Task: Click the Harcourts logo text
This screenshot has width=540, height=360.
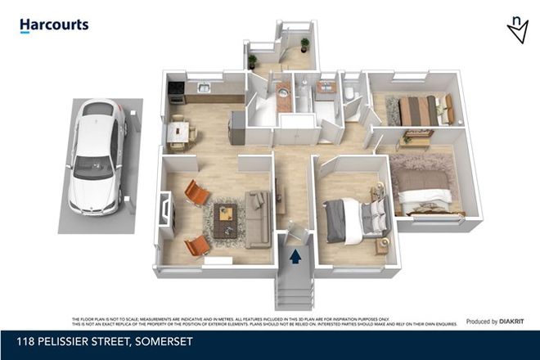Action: click(x=54, y=25)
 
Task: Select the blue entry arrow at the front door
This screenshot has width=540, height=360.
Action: click(x=295, y=257)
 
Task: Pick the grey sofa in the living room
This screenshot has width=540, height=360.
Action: click(x=258, y=218)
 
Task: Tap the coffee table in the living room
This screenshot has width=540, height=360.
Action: click(x=227, y=218)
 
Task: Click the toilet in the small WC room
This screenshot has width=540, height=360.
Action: click(x=350, y=95)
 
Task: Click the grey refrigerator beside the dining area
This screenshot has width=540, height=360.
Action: click(x=236, y=128)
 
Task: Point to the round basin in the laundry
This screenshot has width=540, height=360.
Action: click(x=282, y=92)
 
